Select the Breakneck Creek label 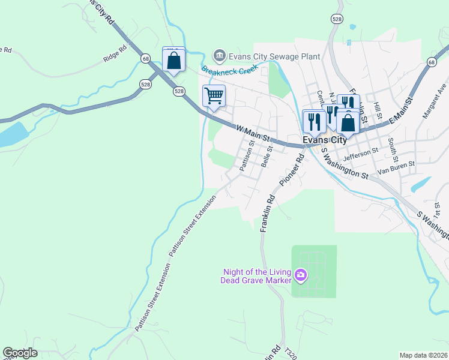pyautogui.click(x=229, y=70)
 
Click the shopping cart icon pyautogui.click(x=214, y=96)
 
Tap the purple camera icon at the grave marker pyautogui.click(x=301, y=276)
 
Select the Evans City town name pyautogui.click(x=324, y=139)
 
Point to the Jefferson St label pyautogui.click(x=360, y=154)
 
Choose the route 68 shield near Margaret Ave pyautogui.click(x=432, y=62)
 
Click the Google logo pyautogui.click(x=20, y=353)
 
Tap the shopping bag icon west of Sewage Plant pyautogui.click(x=174, y=61)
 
